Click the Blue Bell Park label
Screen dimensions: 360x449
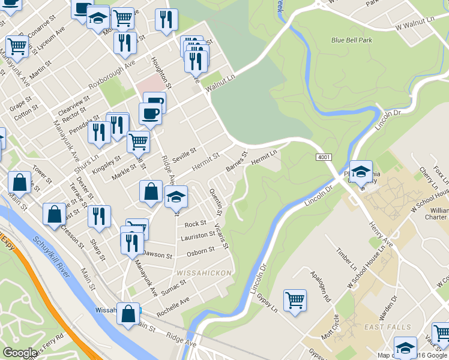[x=352, y=40]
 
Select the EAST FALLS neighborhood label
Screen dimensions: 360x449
[x=388, y=327]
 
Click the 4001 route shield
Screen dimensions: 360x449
[x=324, y=157]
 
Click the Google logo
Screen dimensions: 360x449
[x=20, y=353]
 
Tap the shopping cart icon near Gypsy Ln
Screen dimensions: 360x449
[x=295, y=300]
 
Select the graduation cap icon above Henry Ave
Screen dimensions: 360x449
[x=361, y=172]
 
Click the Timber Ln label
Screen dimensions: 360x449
[x=346, y=259]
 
